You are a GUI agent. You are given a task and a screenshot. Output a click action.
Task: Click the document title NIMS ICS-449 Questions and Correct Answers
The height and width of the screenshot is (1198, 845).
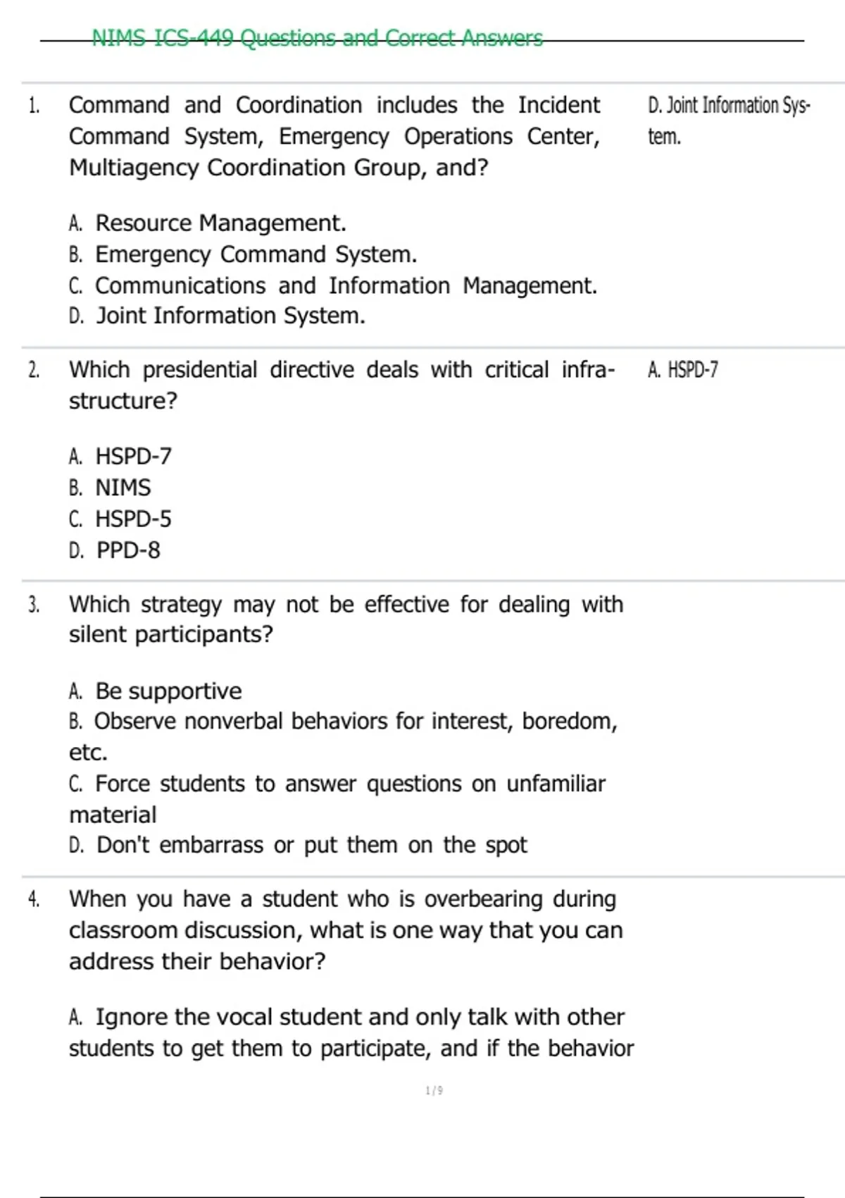point(317,37)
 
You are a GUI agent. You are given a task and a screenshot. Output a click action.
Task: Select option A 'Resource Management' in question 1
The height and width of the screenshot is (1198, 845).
point(220,223)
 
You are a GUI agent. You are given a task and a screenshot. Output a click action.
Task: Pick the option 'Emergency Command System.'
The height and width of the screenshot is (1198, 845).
point(255,254)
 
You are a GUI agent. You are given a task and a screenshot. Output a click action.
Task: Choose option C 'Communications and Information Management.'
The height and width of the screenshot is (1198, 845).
point(345,285)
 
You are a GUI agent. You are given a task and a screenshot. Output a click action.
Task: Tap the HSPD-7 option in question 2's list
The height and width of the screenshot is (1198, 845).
point(132,457)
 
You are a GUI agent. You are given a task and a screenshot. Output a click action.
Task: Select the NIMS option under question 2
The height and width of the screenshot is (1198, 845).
point(123,488)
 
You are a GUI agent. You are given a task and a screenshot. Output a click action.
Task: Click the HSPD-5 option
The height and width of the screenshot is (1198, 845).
point(132,519)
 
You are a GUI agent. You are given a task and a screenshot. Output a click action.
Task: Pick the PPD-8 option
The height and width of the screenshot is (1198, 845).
point(127,550)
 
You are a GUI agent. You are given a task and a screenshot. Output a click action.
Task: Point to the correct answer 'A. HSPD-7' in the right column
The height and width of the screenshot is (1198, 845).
point(682,370)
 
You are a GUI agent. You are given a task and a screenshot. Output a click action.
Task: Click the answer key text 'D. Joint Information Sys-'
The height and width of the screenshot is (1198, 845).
point(728,106)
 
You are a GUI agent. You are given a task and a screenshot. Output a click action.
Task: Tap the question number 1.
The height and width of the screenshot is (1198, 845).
point(34,106)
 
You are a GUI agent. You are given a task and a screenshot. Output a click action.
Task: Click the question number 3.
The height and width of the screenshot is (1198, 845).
point(34,605)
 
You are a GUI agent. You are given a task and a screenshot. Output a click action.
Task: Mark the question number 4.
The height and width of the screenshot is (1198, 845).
point(34,899)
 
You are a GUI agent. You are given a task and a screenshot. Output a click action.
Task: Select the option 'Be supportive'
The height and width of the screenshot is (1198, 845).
point(168,691)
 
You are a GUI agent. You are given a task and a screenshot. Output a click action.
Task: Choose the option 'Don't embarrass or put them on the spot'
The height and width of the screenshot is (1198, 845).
point(311,845)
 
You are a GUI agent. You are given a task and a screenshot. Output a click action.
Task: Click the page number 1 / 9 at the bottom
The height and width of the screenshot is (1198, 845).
point(434,1091)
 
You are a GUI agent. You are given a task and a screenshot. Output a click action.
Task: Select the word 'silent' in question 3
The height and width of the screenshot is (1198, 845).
point(99,635)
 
